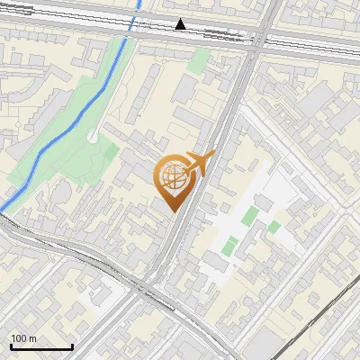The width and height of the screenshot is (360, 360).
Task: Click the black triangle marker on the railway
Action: (181, 24)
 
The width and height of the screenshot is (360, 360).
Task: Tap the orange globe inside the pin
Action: (173, 176)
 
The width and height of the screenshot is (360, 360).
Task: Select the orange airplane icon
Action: (199, 165)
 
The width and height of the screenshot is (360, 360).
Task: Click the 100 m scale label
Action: (24, 338)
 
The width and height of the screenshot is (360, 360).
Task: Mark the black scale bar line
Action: (41, 346)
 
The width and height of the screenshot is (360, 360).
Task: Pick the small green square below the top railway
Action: (200, 60)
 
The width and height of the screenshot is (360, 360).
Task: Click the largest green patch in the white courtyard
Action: (249, 217)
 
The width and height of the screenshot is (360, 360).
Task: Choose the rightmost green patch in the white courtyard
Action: (273, 227)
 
